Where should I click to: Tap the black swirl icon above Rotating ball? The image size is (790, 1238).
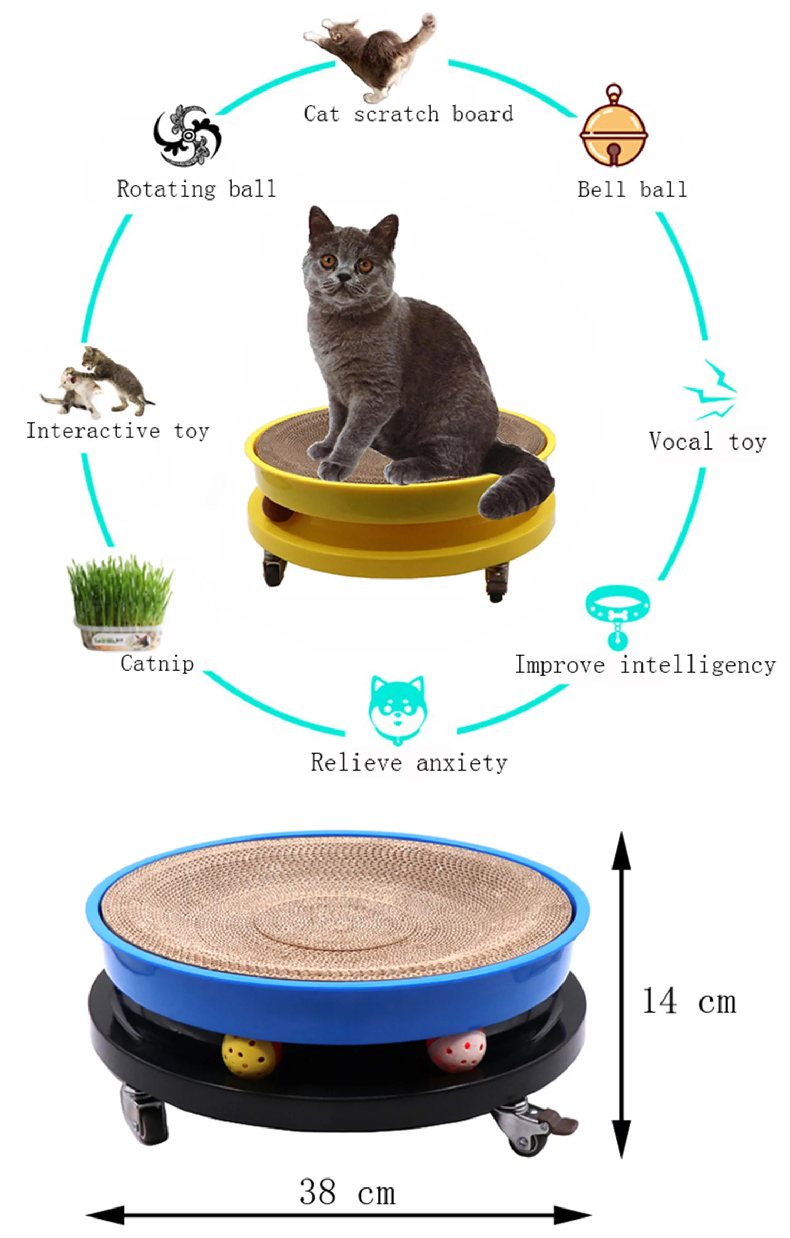click(x=187, y=136)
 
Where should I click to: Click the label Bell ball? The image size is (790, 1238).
click(x=632, y=189)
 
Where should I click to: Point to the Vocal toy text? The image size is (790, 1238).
click(x=707, y=441)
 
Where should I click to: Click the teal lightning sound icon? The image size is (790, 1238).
click(x=710, y=390)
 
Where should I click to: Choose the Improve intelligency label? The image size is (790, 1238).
click(x=645, y=665)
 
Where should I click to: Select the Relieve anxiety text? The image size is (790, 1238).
click(x=409, y=763)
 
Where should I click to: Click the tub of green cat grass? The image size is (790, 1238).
click(x=120, y=603)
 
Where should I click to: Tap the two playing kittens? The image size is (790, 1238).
click(x=97, y=382)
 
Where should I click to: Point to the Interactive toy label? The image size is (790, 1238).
click(x=118, y=431)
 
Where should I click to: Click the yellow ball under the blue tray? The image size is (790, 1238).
click(x=251, y=1055)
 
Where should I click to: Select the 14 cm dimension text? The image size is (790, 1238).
click(x=689, y=1002)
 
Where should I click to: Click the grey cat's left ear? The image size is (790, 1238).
click(x=320, y=222)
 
